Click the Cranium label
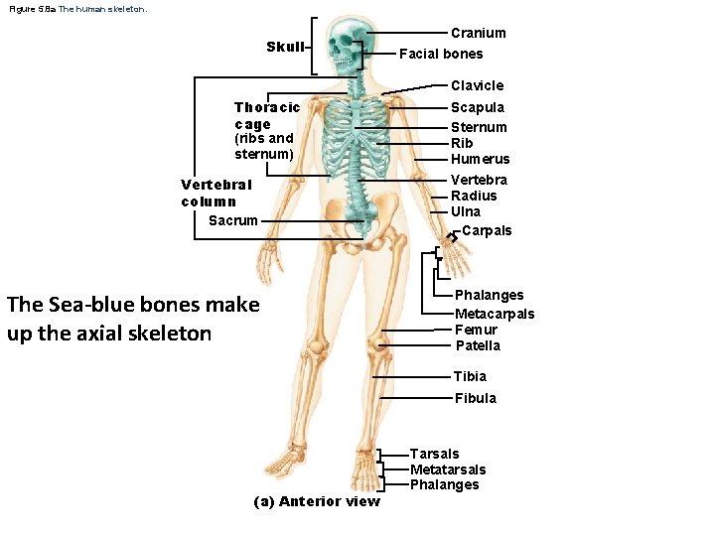click(478, 33)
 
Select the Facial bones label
click(441, 54)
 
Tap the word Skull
click(285, 47)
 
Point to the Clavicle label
click(477, 85)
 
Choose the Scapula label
click(478, 107)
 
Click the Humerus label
click(480, 159)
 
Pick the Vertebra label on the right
click(479, 180)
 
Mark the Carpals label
click(487, 230)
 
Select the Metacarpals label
click(495, 314)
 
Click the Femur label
click(476, 330)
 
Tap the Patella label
click(478, 345)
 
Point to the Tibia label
click(470, 376)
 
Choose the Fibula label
click(476, 398)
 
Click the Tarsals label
click(434, 454)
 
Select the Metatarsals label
click(448, 469)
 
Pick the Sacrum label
click(233, 220)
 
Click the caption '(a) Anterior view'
click(317, 501)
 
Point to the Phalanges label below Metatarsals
click(444, 484)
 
